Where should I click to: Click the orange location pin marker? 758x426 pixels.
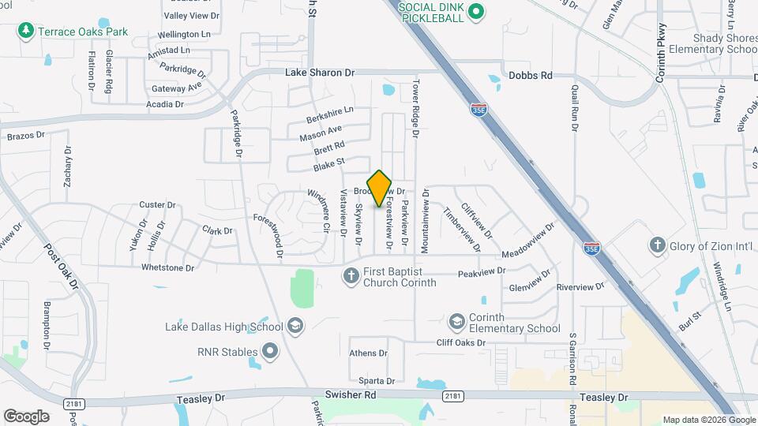point(380,188)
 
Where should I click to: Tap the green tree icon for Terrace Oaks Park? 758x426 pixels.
point(25,31)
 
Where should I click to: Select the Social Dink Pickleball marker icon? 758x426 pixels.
point(475,11)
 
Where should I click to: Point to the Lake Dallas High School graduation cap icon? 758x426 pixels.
point(295,326)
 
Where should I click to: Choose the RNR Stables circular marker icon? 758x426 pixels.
point(270,350)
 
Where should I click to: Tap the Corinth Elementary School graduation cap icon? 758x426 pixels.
point(456,322)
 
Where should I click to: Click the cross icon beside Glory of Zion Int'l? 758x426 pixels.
point(656,245)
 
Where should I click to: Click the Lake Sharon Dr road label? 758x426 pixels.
point(319,73)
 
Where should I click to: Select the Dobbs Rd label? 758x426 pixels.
point(530,76)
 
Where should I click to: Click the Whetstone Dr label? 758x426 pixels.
point(167,268)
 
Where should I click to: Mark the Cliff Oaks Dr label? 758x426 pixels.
point(460,343)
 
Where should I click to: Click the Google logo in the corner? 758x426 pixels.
point(26,416)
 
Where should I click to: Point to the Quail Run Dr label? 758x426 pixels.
point(576,107)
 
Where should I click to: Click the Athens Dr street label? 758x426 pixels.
point(369,353)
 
